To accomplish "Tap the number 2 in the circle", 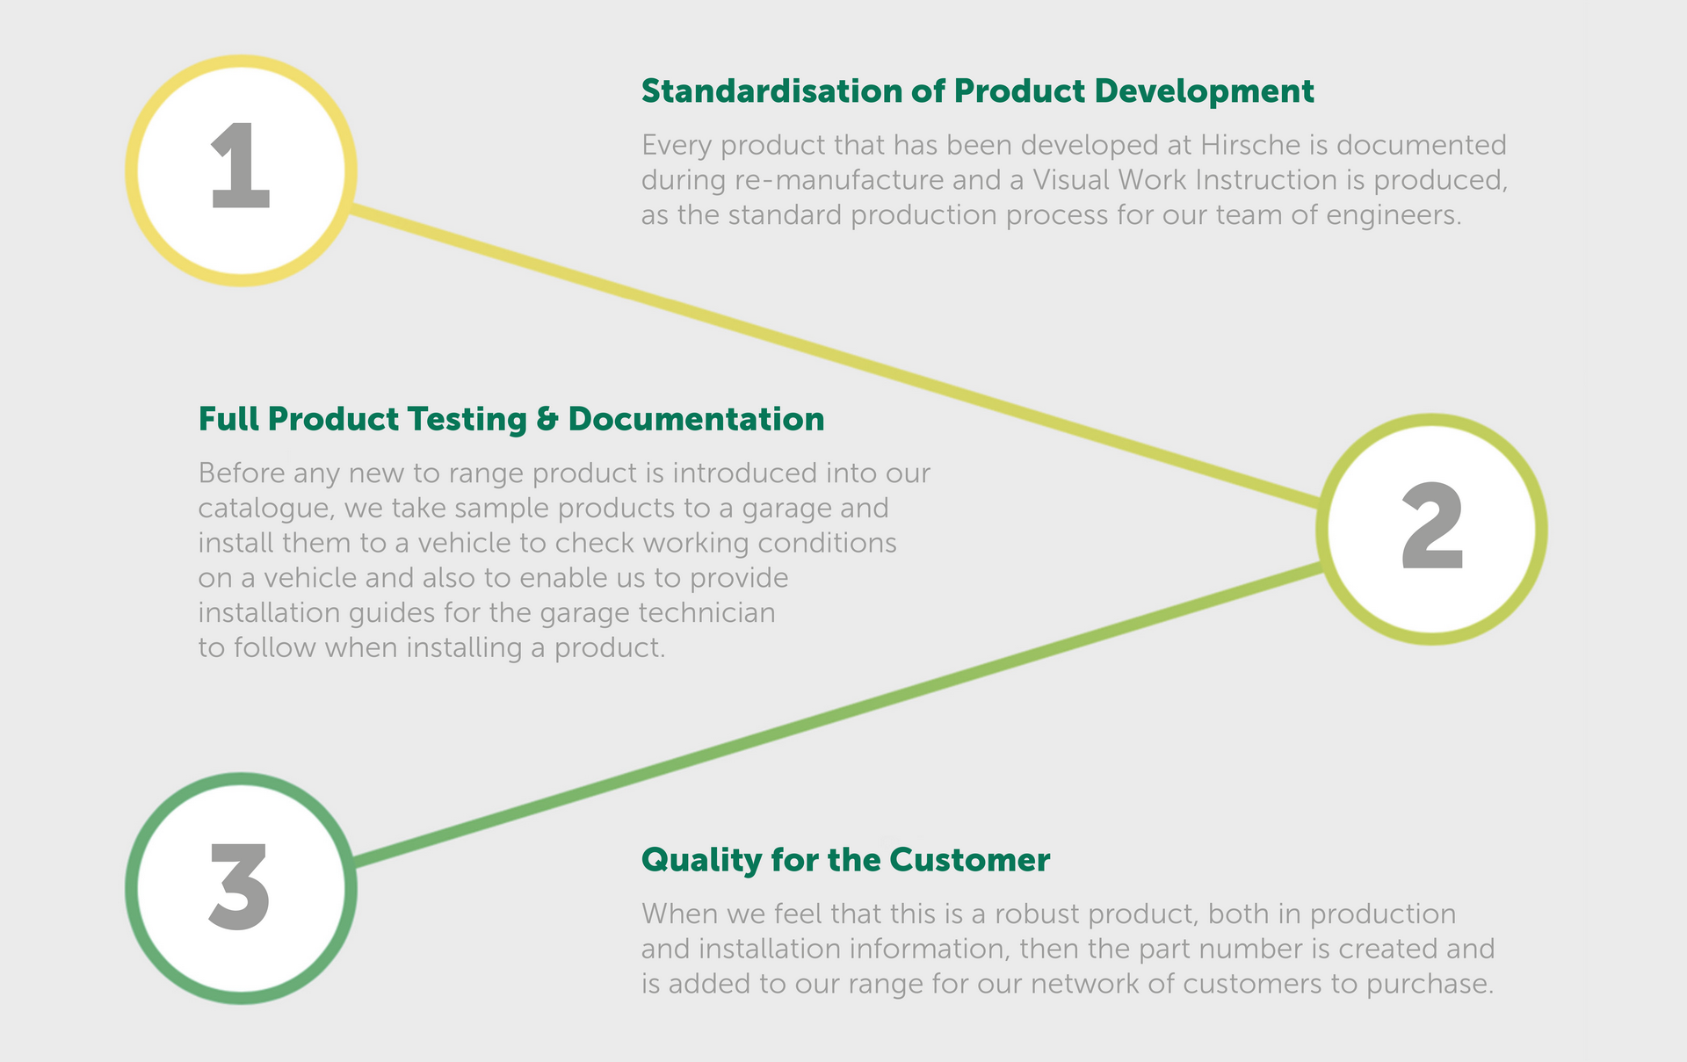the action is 1432,526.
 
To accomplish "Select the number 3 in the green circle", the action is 240,886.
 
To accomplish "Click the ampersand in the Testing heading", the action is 547,419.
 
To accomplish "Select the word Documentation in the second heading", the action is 696,419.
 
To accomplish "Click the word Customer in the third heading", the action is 969,860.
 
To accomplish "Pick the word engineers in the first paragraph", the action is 1394,216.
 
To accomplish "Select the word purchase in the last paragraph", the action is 1430,985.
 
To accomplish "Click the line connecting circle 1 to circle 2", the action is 834,357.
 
